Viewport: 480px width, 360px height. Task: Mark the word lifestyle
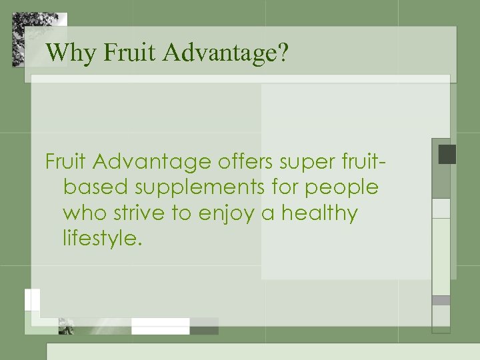point(103,239)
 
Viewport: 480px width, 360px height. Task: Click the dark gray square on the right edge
point(447,155)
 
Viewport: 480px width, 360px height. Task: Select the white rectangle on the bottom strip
point(160,325)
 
